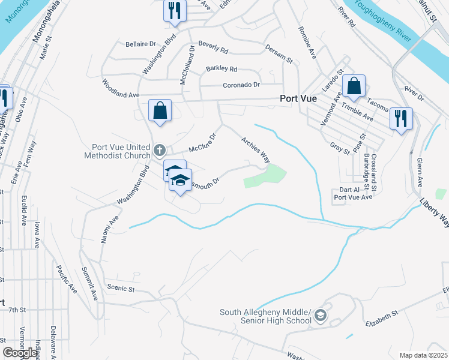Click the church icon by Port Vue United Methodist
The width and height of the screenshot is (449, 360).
pyautogui.click(x=159, y=149)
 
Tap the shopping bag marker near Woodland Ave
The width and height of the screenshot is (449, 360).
pyautogui.click(x=160, y=110)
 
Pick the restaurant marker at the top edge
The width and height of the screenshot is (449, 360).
pyautogui.click(x=175, y=10)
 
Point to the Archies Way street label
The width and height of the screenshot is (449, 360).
pyautogui.click(x=255, y=149)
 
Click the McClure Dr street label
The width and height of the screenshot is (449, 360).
pyautogui.click(x=202, y=143)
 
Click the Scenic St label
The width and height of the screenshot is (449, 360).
pyautogui.click(x=120, y=288)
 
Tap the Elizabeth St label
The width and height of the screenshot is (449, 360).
pyautogui.click(x=382, y=318)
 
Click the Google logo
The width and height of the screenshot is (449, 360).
pyautogui.click(x=20, y=353)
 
